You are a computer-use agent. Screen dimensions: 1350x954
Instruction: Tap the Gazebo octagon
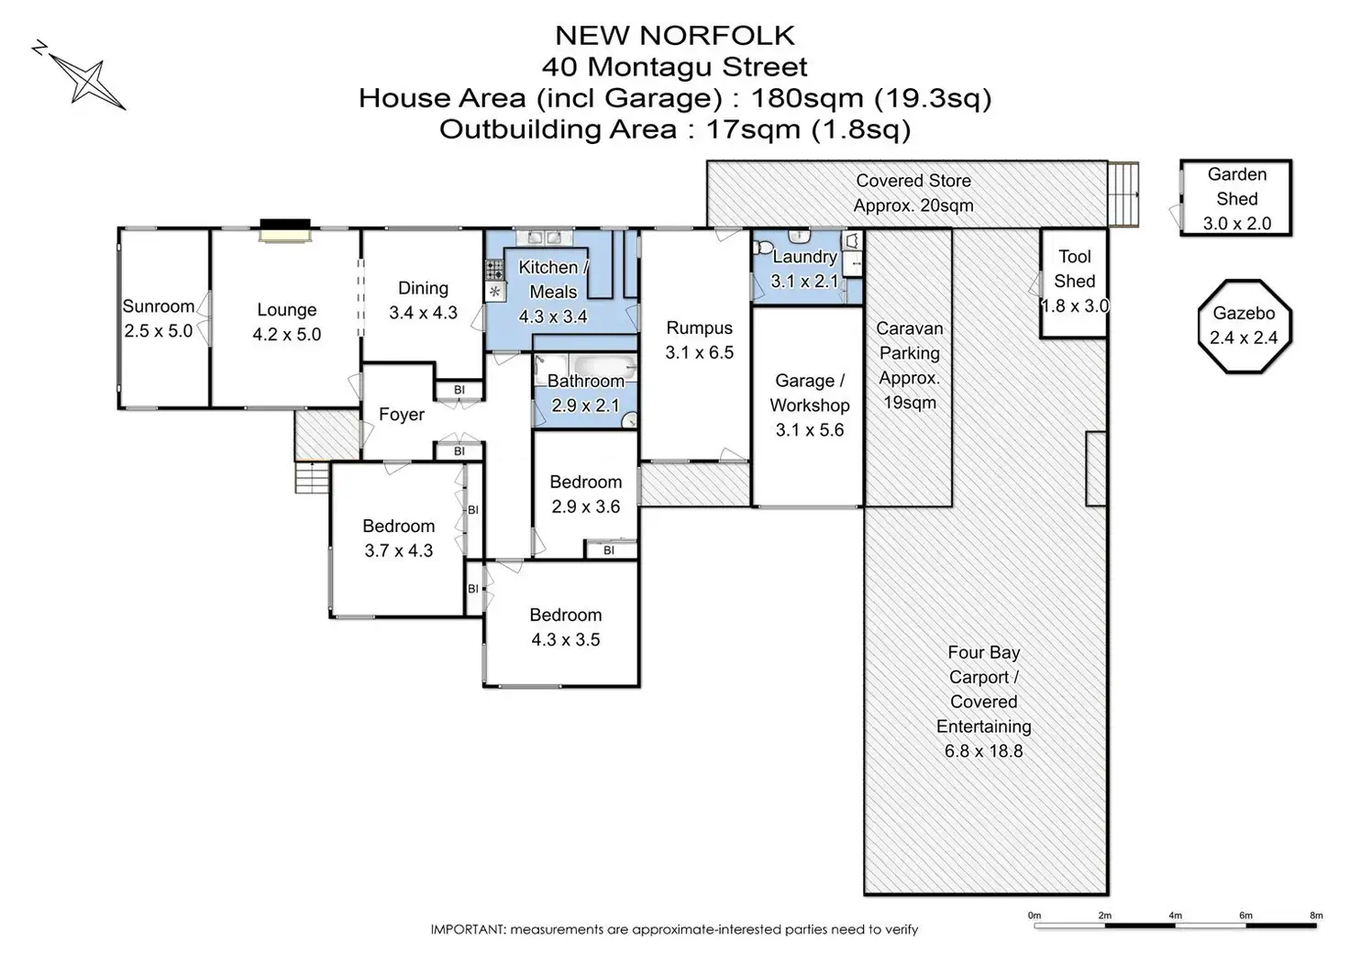point(1244,327)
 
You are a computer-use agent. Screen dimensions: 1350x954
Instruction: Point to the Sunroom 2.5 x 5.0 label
point(159,318)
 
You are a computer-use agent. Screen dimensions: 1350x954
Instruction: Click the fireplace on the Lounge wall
point(284,230)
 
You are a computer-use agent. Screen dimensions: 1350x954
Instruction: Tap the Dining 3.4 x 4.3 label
point(423,300)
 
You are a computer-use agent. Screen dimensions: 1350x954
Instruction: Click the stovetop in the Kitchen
point(494,270)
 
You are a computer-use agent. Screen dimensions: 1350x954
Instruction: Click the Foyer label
point(402,415)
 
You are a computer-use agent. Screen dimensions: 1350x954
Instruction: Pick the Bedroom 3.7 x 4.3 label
point(398,538)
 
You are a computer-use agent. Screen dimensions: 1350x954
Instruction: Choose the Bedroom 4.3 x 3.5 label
point(565,627)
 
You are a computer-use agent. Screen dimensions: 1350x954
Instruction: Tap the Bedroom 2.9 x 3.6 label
point(585,494)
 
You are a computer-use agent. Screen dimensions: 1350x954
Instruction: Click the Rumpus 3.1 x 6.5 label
point(699,339)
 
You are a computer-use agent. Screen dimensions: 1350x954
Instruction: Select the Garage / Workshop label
point(809,405)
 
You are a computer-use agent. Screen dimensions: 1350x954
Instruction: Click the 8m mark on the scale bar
point(1316,915)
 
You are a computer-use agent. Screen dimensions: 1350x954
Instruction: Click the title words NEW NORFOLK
point(674,36)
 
